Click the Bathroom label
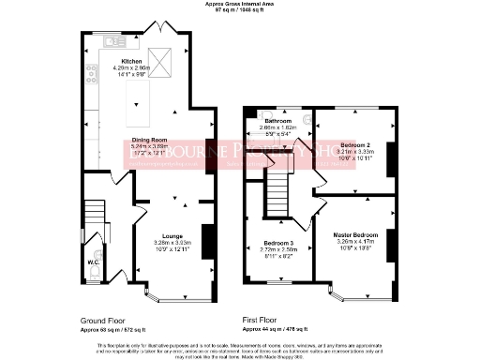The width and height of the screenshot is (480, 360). [x=277, y=121]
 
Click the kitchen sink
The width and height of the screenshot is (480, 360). [x=114, y=42]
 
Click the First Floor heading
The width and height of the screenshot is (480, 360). [x=264, y=321]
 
